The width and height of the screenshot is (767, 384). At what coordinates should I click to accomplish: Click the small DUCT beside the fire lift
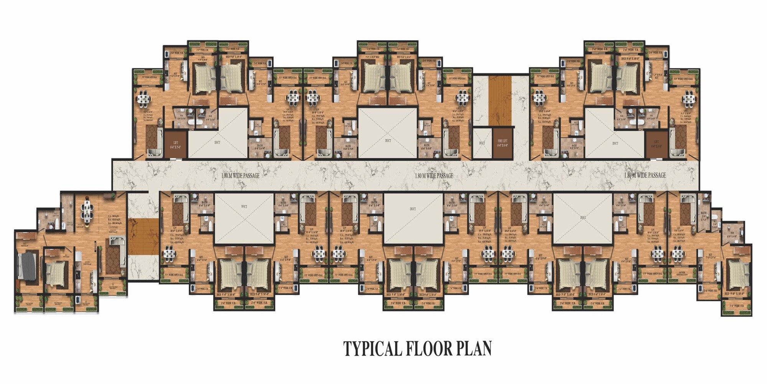(x=482, y=143)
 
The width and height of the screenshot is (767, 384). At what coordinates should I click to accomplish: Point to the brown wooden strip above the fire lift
(x=500, y=100)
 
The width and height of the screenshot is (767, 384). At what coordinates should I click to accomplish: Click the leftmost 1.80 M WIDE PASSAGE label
(x=240, y=175)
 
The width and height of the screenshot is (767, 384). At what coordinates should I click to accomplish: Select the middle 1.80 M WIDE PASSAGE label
(x=434, y=175)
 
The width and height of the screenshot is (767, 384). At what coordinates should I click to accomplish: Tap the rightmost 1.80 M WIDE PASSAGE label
(x=645, y=175)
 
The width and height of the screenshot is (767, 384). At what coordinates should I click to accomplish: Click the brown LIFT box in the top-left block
(x=176, y=144)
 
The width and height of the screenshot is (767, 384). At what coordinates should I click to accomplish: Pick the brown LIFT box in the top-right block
(x=656, y=144)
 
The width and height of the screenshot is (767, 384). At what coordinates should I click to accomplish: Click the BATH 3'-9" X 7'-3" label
(x=703, y=216)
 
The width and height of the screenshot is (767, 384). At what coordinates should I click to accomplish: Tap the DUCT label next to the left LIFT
(x=217, y=142)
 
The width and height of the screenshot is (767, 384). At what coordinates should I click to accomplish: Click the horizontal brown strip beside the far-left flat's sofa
(x=143, y=237)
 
